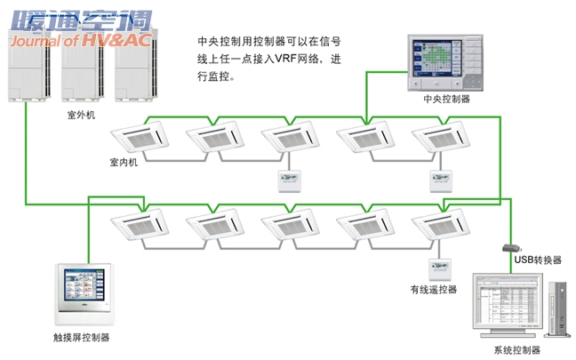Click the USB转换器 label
pyautogui.click(x=539, y=260)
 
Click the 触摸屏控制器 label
pyautogui.click(x=82, y=338)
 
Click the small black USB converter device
pyautogui.click(x=511, y=247)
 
